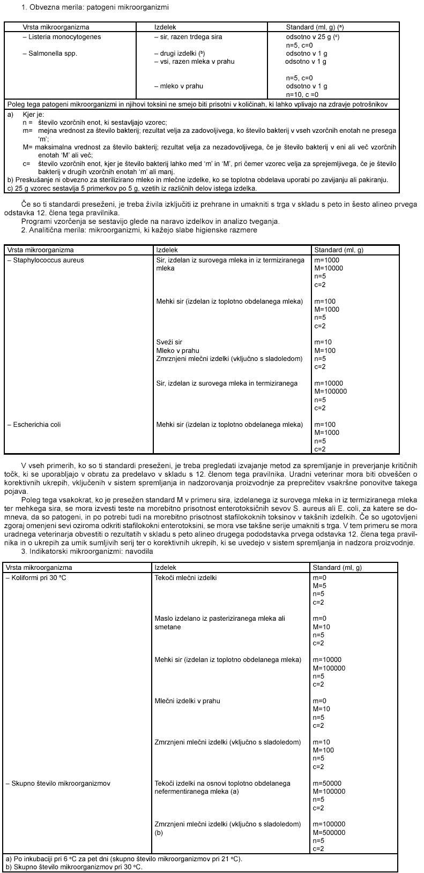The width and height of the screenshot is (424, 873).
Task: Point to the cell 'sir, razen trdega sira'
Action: (x=188, y=37)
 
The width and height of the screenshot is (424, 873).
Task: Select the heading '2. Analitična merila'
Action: (x=139, y=230)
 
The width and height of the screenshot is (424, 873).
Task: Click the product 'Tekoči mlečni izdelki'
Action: (x=185, y=578)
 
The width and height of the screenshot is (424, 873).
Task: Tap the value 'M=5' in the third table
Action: (x=319, y=586)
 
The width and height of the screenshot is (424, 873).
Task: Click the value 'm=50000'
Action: (x=327, y=784)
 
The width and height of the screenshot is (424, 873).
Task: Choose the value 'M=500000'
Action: (x=329, y=833)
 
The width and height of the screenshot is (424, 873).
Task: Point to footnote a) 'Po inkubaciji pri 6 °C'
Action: (x=124, y=859)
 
